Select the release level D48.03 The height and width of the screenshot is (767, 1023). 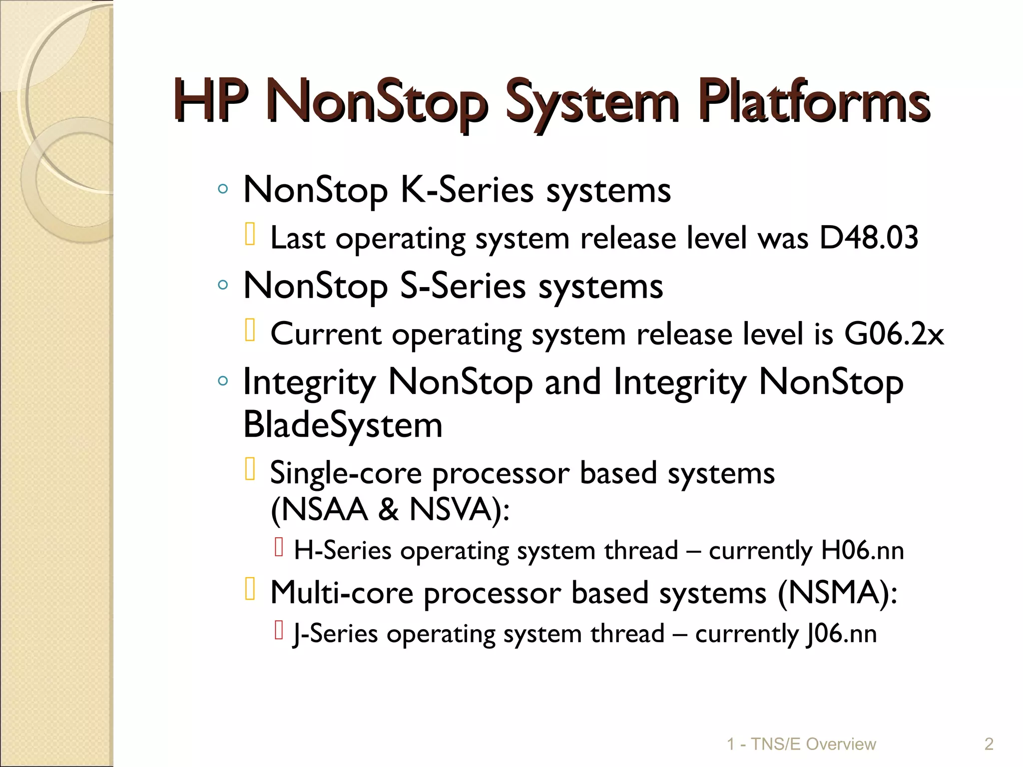[x=869, y=238]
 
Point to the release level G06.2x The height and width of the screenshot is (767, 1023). [x=894, y=334]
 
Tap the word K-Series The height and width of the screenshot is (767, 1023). [x=467, y=190]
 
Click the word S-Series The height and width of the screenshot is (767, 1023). [x=463, y=287]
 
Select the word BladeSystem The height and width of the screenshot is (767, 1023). [x=343, y=425]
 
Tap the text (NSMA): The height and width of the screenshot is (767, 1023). [x=837, y=593]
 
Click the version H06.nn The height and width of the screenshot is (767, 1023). [x=862, y=551]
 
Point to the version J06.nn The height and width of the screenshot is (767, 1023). [x=842, y=634]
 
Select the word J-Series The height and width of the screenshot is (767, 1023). [x=335, y=634]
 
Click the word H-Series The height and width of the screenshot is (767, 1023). [x=343, y=551]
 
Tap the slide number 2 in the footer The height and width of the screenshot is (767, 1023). [x=989, y=744]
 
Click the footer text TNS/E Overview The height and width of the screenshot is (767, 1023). [x=813, y=744]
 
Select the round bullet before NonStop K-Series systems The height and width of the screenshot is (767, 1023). [x=223, y=190]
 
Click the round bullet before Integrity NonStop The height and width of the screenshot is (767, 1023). [x=223, y=382]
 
